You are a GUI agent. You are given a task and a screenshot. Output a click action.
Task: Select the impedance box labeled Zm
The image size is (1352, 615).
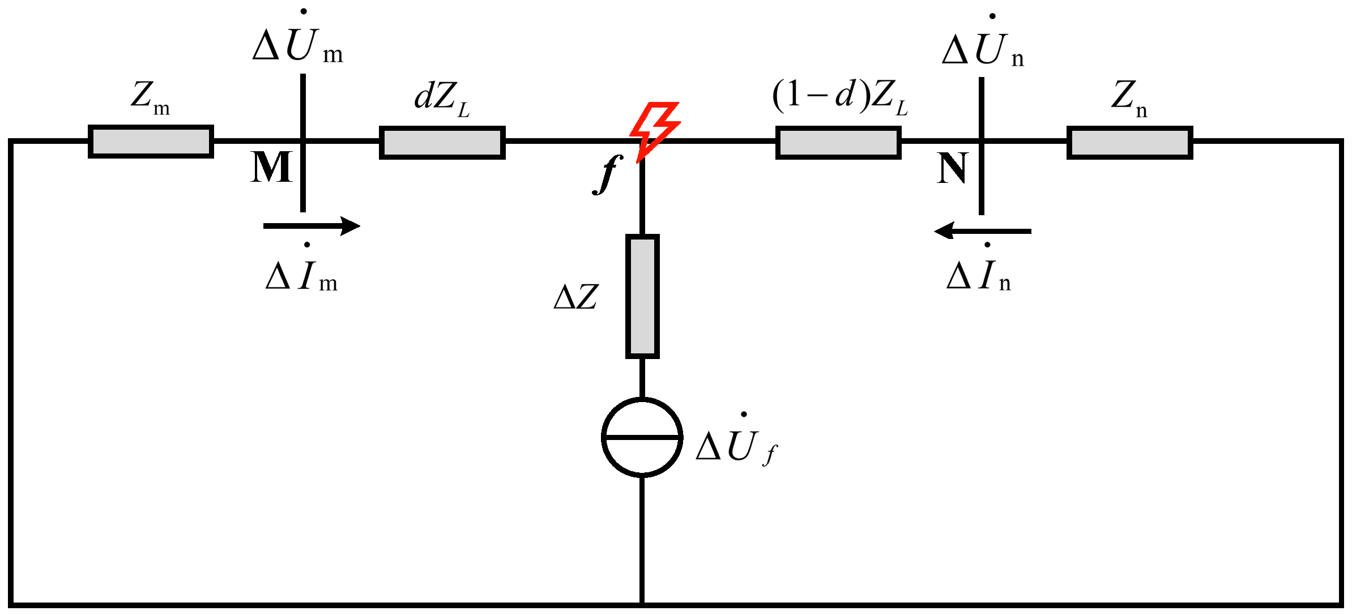pos(151,142)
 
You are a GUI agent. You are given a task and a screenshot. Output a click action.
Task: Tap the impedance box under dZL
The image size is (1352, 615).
pos(442,143)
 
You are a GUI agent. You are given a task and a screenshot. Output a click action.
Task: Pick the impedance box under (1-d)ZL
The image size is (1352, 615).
pos(838,143)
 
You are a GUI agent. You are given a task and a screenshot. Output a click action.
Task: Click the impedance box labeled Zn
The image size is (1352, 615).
pos(1129,143)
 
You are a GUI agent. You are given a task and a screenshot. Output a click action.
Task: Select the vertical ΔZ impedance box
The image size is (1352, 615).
pos(642,296)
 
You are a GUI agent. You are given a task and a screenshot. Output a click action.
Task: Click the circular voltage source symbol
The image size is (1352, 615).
pos(642,437)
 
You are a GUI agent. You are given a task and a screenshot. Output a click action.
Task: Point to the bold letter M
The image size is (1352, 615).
pos(271,168)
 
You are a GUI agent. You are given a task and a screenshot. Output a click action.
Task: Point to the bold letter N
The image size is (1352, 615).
pos(952,169)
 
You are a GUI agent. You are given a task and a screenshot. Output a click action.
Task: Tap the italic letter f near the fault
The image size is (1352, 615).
pos(607,174)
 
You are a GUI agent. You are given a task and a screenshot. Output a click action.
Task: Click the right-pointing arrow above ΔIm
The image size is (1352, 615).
pos(312,226)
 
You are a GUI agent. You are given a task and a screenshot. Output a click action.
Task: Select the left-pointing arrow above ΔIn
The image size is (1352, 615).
pos(983,231)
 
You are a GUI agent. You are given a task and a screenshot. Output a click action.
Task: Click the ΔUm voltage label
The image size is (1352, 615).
pos(297,42)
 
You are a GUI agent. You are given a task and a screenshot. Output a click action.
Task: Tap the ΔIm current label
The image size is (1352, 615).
pos(301,275)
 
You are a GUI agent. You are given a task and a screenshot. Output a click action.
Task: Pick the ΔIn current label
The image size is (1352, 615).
pos(979,275)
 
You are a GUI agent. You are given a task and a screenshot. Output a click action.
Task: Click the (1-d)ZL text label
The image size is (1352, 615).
pos(839,96)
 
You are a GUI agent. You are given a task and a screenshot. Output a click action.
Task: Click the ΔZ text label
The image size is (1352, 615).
pos(575,297)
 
